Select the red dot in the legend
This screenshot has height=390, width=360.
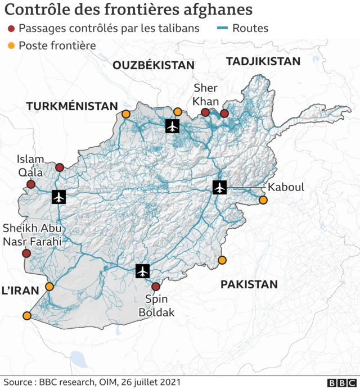[x=11, y=28]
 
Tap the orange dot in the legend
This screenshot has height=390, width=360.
[x=11, y=46]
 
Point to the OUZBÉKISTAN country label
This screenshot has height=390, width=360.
[x=153, y=65]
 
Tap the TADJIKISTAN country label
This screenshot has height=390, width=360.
[x=263, y=62]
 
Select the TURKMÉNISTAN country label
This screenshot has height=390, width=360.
[x=71, y=106]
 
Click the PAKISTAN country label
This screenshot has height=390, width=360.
[x=249, y=284]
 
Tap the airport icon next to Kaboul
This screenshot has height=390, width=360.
[x=219, y=187]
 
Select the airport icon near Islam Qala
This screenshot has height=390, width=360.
[x=58, y=197]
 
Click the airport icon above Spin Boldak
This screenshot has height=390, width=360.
[x=143, y=271]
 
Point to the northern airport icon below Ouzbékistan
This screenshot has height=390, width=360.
[x=172, y=126]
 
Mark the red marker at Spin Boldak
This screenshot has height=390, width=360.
[x=156, y=287]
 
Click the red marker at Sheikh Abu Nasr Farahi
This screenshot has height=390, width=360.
[x=26, y=253]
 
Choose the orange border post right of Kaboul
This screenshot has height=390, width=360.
[x=263, y=200]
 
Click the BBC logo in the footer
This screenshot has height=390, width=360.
[x=338, y=383]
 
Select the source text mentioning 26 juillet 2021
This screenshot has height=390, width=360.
[x=93, y=382]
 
